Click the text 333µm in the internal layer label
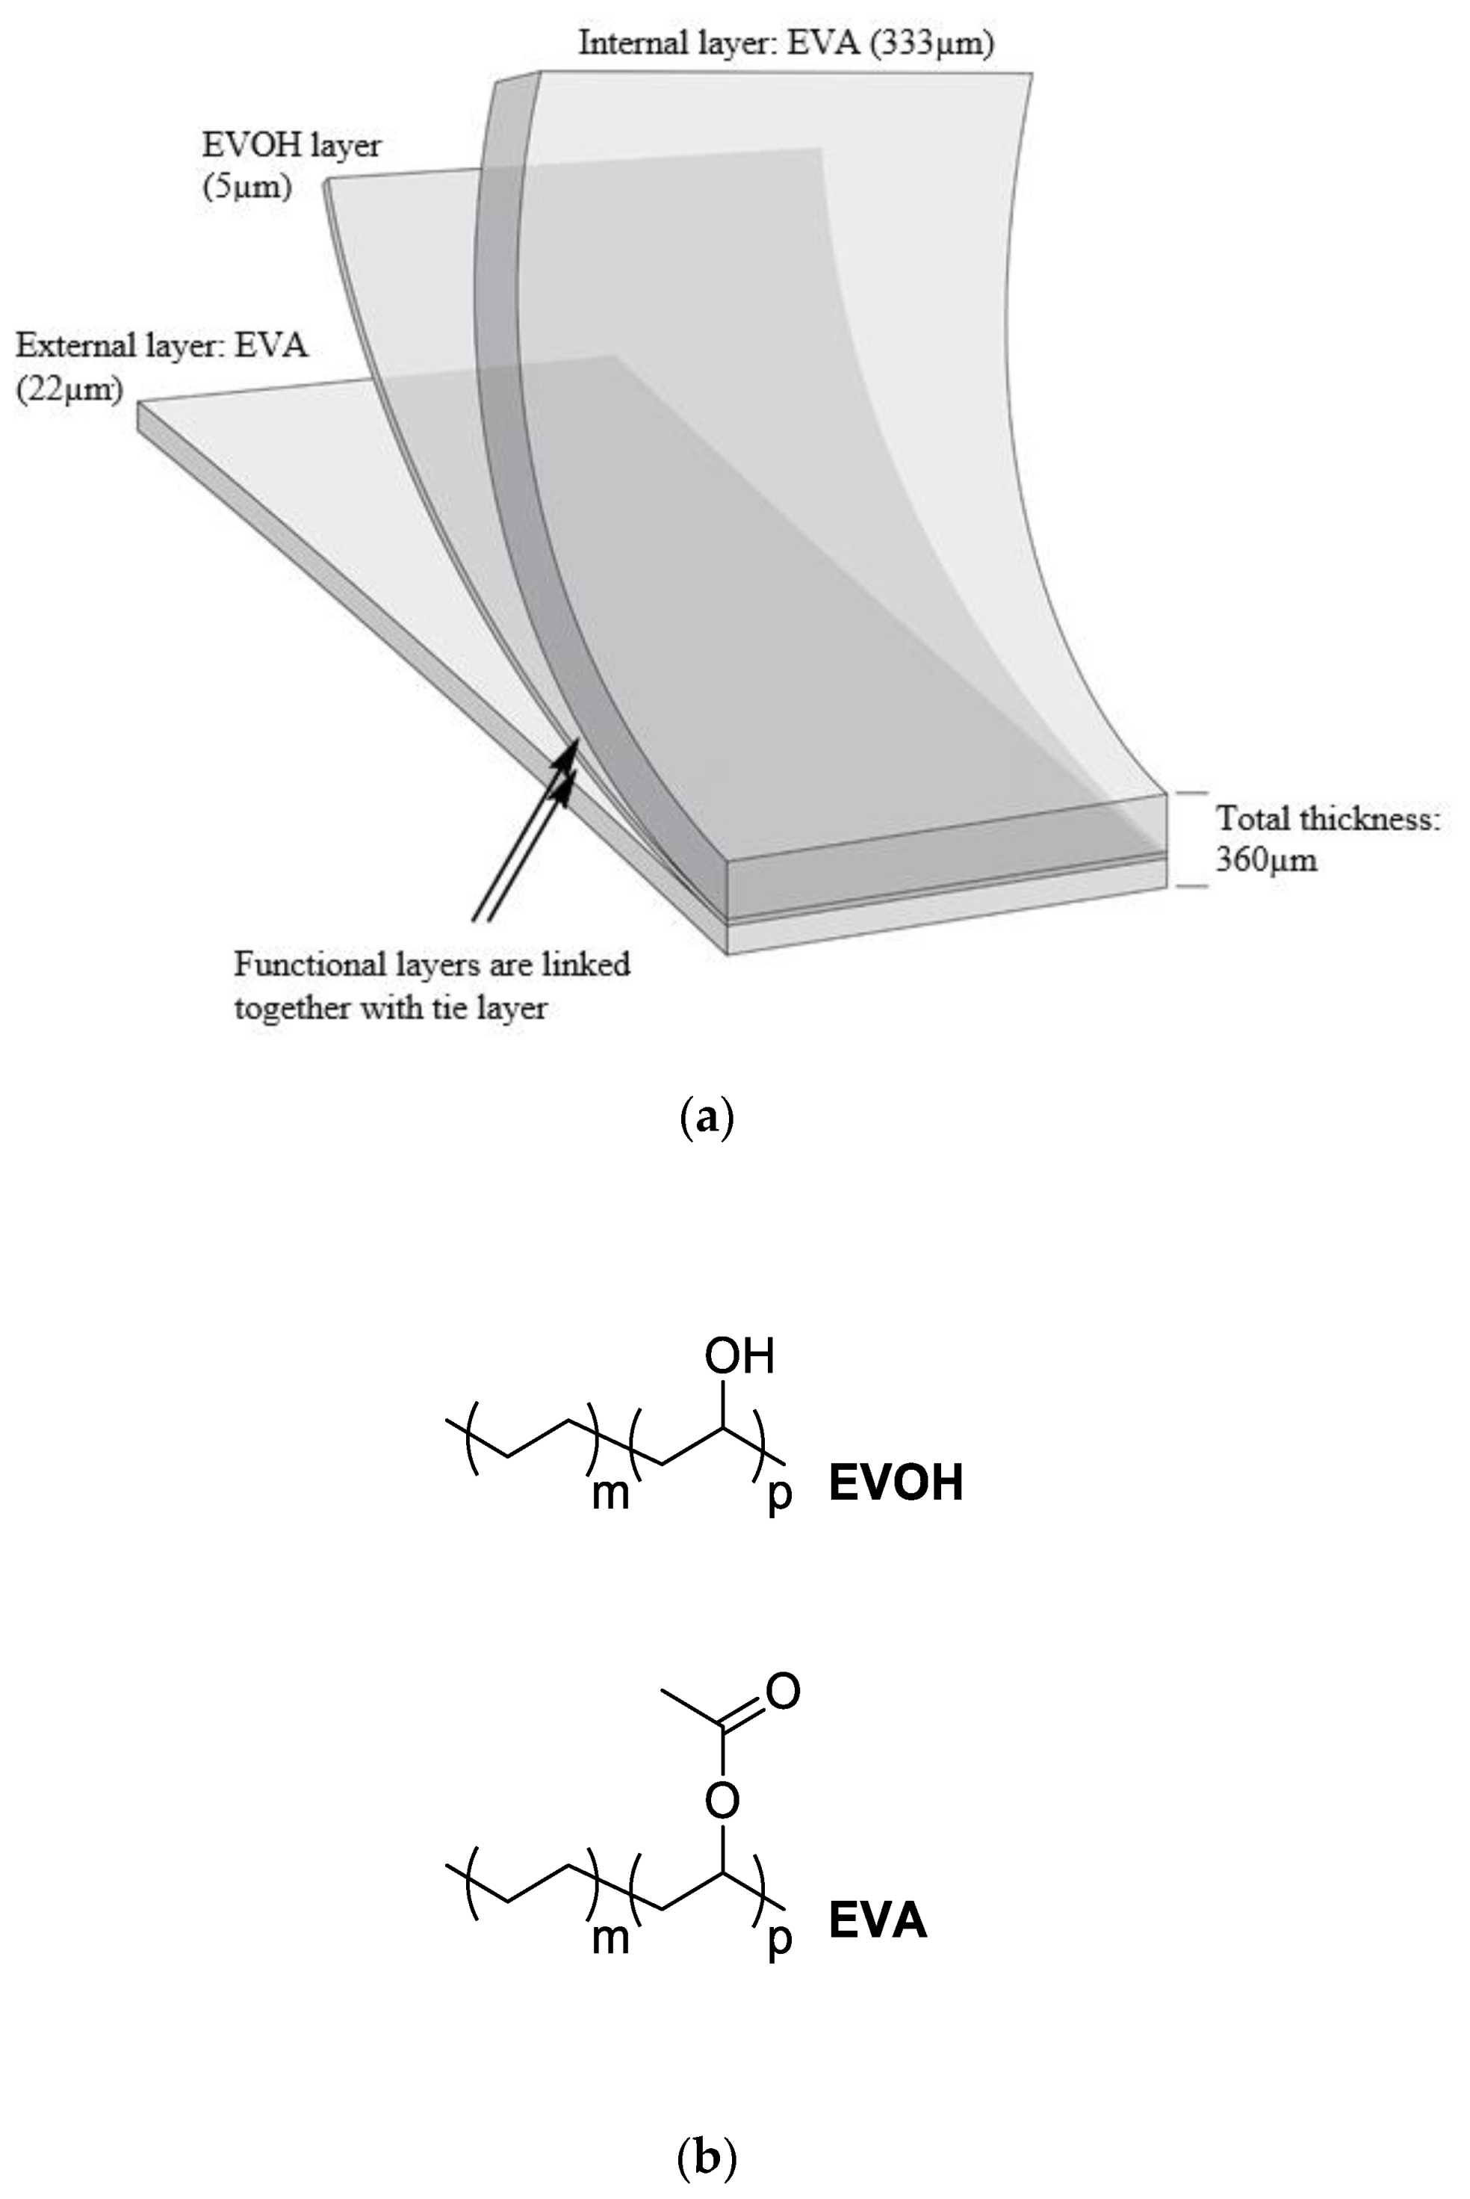click(931, 44)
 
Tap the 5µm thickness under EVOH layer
click(247, 188)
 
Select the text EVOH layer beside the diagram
click(291, 146)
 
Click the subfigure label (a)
click(706, 1119)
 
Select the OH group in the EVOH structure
click(739, 1357)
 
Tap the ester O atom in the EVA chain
click(723, 1799)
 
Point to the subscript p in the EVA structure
click(779, 1937)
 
